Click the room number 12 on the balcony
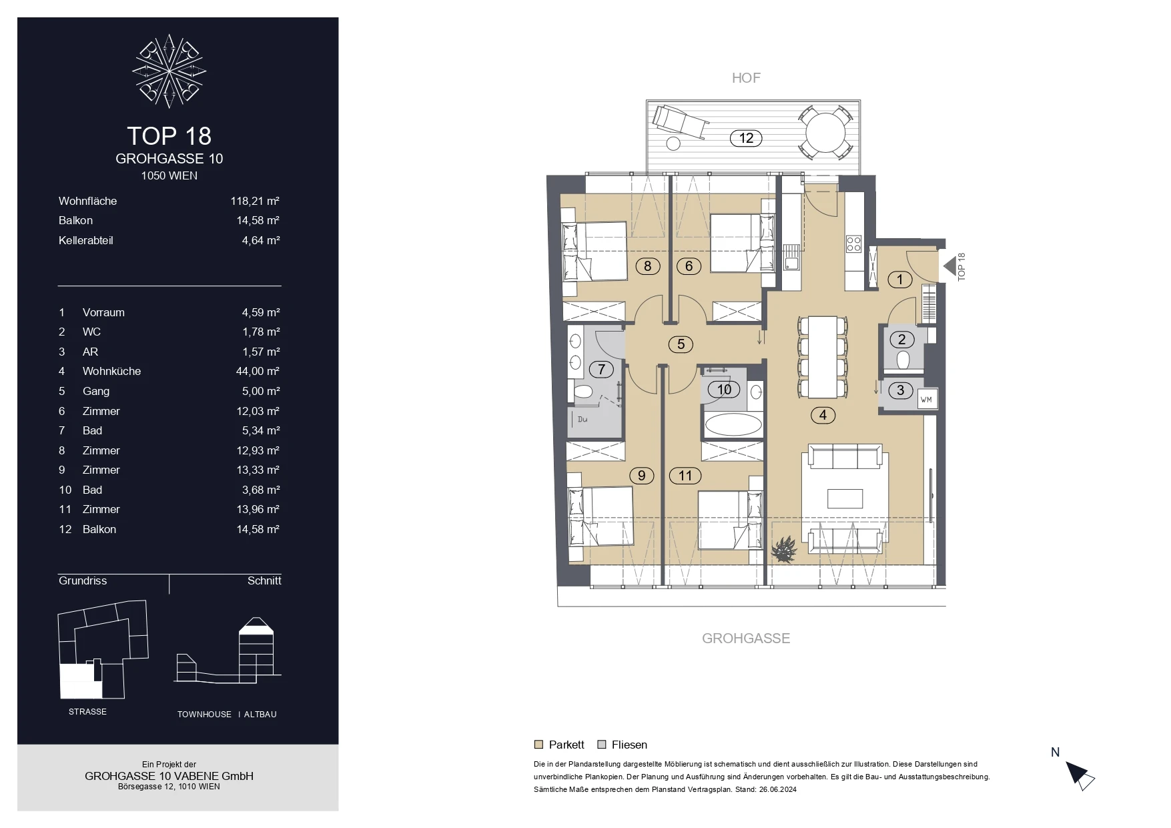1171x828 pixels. click(x=746, y=138)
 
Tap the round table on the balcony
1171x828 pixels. click(x=825, y=133)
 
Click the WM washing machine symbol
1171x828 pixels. click(x=926, y=399)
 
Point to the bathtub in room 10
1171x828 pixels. click(x=733, y=425)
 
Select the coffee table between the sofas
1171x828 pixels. click(x=845, y=498)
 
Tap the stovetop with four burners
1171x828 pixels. click(x=853, y=244)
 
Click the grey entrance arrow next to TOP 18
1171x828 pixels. click(x=949, y=267)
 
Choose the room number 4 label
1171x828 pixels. click(x=823, y=415)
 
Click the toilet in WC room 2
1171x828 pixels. click(x=903, y=360)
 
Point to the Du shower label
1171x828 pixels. click(x=582, y=419)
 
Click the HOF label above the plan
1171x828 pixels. click(x=746, y=78)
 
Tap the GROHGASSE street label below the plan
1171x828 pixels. click(x=746, y=639)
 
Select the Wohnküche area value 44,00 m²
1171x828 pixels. click(x=258, y=371)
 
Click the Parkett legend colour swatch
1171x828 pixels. click(x=538, y=745)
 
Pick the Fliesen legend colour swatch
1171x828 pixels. click(x=601, y=745)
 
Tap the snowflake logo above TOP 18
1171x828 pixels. click(x=169, y=71)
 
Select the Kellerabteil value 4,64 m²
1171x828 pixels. click(x=261, y=240)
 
